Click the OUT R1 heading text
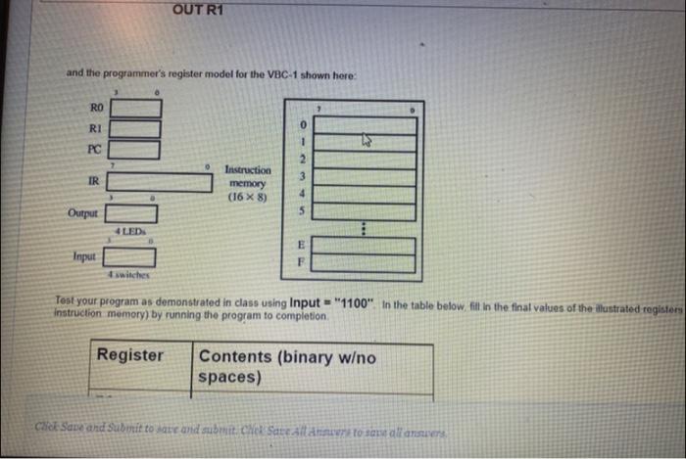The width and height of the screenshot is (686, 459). point(198,11)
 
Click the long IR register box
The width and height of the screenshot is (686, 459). point(162,182)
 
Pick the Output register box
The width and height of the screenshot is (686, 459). point(137,212)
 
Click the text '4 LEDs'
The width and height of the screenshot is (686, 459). point(130,230)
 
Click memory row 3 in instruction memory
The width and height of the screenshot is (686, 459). point(366,176)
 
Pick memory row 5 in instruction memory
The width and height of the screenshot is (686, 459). point(366,209)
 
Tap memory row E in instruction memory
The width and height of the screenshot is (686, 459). point(366,244)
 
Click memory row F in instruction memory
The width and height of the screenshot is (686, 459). point(366,262)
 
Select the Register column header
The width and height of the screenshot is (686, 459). point(129,355)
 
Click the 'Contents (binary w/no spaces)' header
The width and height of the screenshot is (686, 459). point(286,366)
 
